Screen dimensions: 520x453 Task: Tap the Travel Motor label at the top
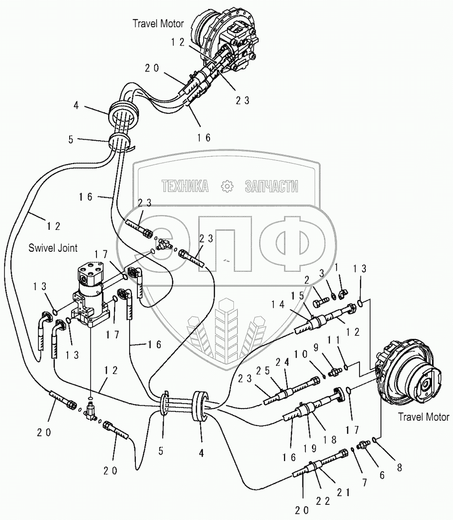[x=159, y=23]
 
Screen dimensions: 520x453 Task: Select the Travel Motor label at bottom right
[x=424, y=417]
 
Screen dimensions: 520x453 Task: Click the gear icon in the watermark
[x=226, y=186]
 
